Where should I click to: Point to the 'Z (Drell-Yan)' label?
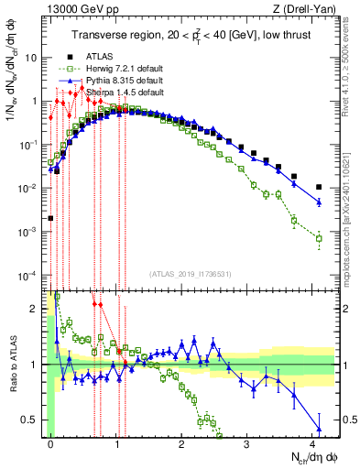pyautogui.click(x=308, y=8)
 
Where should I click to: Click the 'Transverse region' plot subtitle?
pyautogui.click(x=191, y=35)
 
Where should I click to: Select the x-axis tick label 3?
pyautogui.click(x=248, y=452)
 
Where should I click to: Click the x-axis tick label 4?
pyautogui.click(x=313, y=452)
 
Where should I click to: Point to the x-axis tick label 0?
pyautogui.click(x=51, y=452)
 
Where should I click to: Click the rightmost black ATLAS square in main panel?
pyautogui.click(x=319, y=187)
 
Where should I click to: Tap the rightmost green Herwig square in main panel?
pyautogui.click(x=319, y=239)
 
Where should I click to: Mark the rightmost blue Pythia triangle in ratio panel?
pyautogui.click(x=319, y=428)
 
